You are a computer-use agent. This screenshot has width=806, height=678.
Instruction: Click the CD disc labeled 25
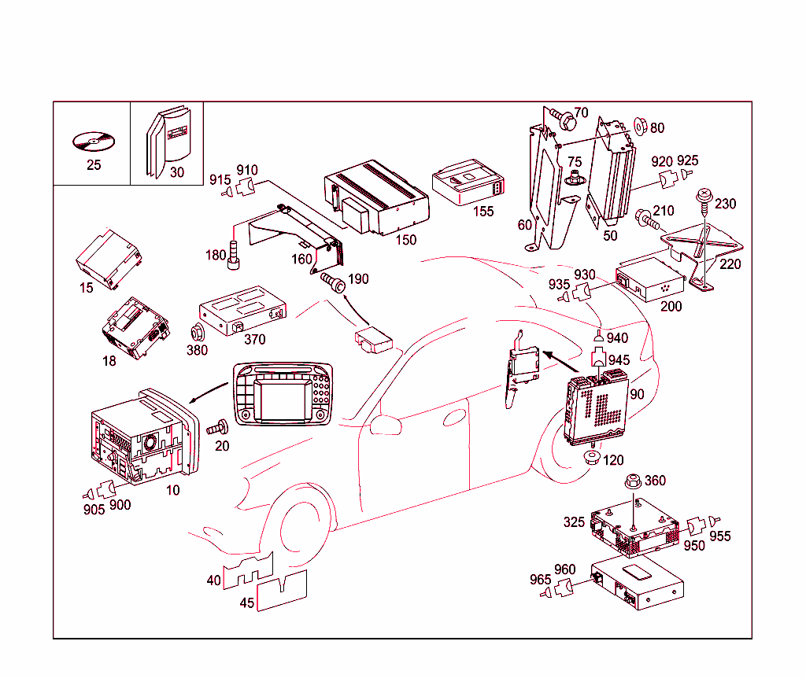pyautogui.click(x=92, y=142)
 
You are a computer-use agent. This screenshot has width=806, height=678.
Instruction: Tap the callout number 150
pyautogui.click(x=406, y=240)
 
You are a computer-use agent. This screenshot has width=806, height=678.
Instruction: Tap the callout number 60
pyautogui.click(x=525, y=225)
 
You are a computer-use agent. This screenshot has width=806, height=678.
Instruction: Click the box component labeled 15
pyautogui.click(x=108, y=257)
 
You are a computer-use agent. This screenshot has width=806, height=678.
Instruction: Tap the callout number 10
pyautogui.click(x=172, y=490)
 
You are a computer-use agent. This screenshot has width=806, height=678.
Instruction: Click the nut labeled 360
pyautogui.click(x=631, y=481)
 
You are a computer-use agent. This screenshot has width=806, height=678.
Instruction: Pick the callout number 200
pyautogui.click(x=671, y=306)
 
